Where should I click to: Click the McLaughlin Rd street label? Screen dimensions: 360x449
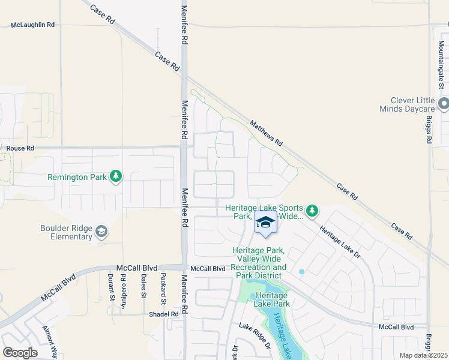[33, 25]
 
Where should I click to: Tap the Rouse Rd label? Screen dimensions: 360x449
[20, 148]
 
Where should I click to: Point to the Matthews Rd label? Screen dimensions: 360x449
[266, 133]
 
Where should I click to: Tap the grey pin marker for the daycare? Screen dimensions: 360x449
[444, 104]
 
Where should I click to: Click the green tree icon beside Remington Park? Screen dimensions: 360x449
[116, 176]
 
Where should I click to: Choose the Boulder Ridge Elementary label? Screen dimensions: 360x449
[66, 232]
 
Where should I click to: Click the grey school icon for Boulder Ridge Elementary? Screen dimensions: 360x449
[101, 232]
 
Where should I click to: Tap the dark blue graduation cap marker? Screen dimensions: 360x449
[265, 223]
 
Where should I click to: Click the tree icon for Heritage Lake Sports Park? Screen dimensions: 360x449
[311, 210]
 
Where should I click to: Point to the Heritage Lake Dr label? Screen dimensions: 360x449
[339, 243]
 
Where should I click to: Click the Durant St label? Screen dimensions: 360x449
[111, 286]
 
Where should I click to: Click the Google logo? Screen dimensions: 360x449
[20, 353]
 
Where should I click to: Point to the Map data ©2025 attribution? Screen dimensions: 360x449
[424, 355]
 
